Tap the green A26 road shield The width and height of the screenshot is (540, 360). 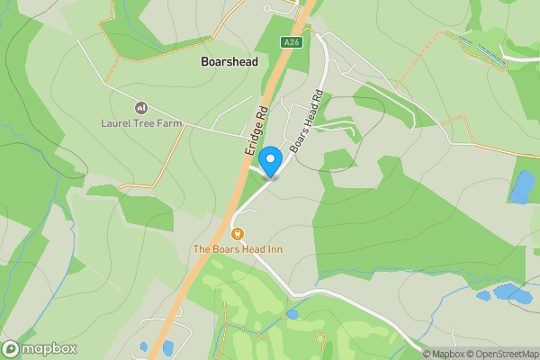[x=290, y=41]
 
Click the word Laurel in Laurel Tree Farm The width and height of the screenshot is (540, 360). [x=117, y=122]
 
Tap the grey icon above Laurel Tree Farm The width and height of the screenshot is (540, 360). [x=139, y=107]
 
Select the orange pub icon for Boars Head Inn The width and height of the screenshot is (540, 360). [x=238, y=234]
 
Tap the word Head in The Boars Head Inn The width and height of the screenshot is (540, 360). [x=244, y=248]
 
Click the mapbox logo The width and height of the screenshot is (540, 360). [x=40, y=349]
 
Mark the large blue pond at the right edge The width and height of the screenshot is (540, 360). [x=521, y=186]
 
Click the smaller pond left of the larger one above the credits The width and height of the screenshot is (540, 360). [x=484, y=295]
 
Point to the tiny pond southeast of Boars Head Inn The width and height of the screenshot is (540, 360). [x=292, y=315]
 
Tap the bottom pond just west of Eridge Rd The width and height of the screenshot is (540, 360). [x=144, y=346]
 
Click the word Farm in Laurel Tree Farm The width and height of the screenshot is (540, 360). [x=166, y=122]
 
